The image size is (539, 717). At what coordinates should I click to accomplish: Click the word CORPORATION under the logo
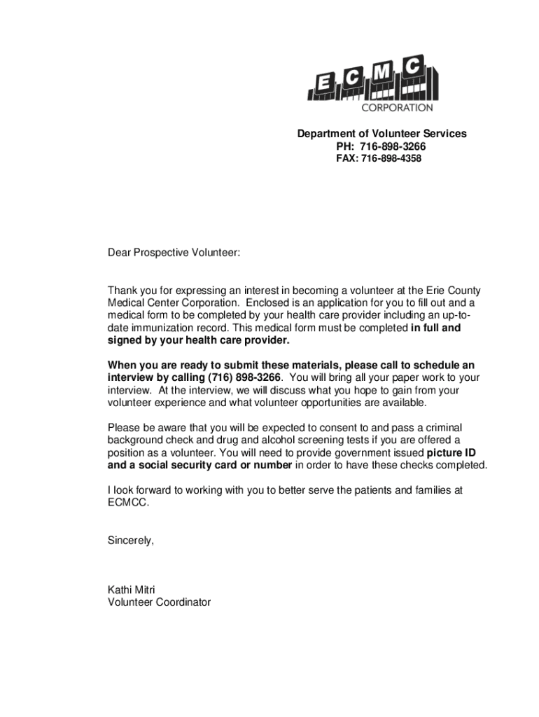[397, 108]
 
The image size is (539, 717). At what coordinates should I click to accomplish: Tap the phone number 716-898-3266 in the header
[393, 146]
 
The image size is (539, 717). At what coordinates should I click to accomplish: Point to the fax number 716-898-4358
[391, 159]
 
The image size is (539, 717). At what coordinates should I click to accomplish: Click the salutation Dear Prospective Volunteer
[174, 252]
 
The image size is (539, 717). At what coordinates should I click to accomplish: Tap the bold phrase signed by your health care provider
[198, 340]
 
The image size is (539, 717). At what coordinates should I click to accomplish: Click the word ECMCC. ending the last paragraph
[129, 503]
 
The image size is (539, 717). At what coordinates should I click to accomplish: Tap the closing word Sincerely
[130, 541]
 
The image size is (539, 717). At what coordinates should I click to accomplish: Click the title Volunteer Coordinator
[159, 602]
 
